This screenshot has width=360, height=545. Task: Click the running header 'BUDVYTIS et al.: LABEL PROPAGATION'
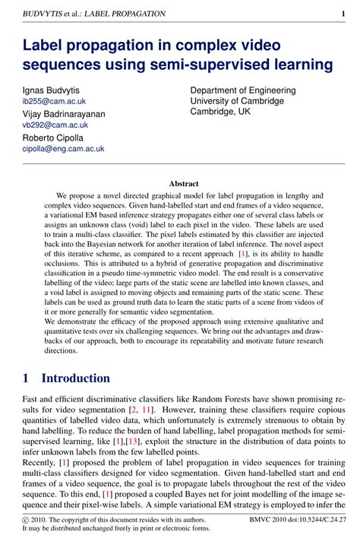click(94, 14)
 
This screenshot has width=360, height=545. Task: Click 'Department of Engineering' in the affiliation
click(243, 90)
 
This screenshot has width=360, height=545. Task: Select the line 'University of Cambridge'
click(237, 101)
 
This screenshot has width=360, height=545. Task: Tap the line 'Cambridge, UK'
click(220, 112)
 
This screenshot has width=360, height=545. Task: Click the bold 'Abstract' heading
click(184, 184)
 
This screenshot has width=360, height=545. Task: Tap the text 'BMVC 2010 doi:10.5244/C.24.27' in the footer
click(296, 521)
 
